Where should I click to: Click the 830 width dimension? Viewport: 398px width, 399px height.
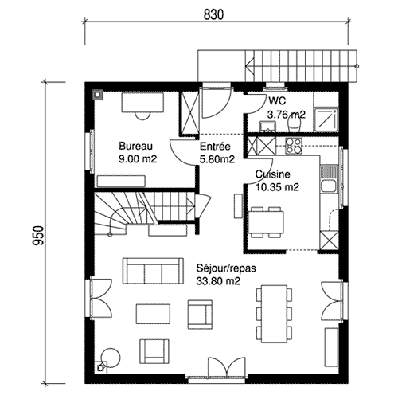[x=213, y=15]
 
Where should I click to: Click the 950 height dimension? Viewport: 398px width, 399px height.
[x=38, y=235]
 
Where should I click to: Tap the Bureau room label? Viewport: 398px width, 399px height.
[x=135, y=147]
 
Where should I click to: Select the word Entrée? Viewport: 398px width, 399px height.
[x=215, y=147]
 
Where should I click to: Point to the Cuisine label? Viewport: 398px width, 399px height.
[x=273, y=174]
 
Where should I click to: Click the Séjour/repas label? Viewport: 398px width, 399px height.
[x=226, y=268]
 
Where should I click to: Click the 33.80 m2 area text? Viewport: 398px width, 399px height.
[x=218, y=281]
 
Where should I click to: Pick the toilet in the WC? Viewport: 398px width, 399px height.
[x=294, y=123]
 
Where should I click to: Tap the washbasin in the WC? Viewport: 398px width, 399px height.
[x=267, y=127]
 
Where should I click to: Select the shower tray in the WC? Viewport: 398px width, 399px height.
[x=326, y=119]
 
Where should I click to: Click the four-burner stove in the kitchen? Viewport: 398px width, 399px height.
[x=294, y=146]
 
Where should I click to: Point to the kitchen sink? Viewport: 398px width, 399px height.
[x=329, y=179]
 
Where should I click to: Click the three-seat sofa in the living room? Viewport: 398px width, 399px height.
[x=153, y=271]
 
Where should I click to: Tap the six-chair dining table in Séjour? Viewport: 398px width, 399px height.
[x=275, y=314]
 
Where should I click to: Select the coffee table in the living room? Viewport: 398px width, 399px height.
[x=153, y=314]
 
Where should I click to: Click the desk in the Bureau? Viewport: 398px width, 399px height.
[x=142, y=103]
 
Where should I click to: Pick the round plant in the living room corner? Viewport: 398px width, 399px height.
[x=111, y=358]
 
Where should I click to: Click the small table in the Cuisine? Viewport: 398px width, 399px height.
[x=266, y=222]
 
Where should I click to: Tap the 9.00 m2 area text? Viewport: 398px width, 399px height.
[x=138, y=159]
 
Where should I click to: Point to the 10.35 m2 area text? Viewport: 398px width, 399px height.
[x=277, y=187]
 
